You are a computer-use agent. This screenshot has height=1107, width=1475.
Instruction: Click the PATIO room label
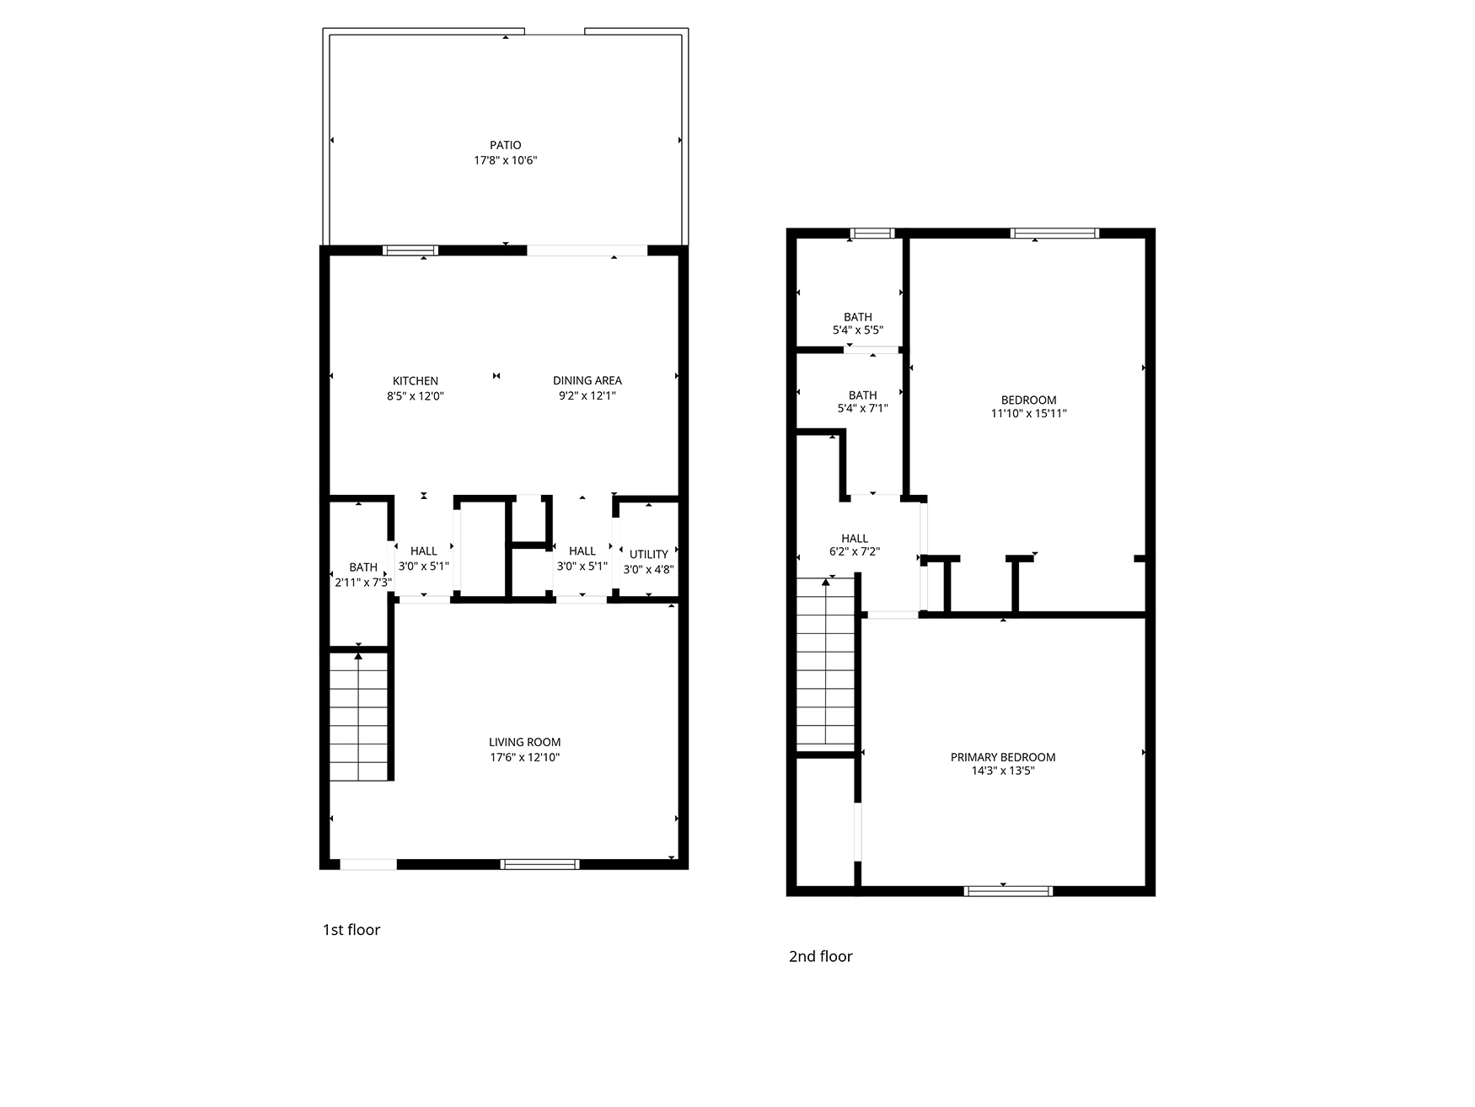coord(506,145)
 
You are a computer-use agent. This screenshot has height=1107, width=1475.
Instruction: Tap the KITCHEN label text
coord(416,381)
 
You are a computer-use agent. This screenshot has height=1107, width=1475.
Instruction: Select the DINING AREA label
coord(587,381)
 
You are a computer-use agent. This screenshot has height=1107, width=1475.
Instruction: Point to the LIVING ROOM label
coord(524,743)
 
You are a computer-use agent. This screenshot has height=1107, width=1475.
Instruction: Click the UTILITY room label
coord(649,554)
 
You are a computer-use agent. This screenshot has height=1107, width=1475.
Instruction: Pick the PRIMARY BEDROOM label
coord(1003,757)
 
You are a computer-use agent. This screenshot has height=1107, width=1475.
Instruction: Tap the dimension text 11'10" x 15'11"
coord(1029,414)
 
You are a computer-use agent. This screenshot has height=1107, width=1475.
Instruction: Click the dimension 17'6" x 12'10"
coord(524,757)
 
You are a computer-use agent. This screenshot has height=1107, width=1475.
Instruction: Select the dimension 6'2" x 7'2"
coord(855,552)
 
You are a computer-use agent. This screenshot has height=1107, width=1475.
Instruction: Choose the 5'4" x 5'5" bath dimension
coord(858,331)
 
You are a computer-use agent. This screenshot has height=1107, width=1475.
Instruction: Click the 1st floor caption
coord(351,930)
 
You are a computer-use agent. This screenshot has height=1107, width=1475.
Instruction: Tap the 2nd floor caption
coord(821,956)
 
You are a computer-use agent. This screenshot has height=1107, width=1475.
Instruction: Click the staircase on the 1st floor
coord(359,716)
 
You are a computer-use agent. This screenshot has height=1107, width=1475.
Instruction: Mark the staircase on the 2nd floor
coord(826,664)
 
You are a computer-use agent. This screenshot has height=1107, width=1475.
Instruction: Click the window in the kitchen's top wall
coord(410,250)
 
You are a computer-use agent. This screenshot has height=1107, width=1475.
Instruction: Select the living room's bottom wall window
coord(539,864)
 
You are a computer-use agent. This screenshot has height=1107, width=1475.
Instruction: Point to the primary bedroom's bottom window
coord(1008,891)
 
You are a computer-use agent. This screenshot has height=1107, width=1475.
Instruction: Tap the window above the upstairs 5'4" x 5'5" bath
coord(872,234)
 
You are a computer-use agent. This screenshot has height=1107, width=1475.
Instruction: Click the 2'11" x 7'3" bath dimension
coord(363,582)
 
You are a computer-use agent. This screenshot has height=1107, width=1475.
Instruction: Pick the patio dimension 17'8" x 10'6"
coord(506,160)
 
